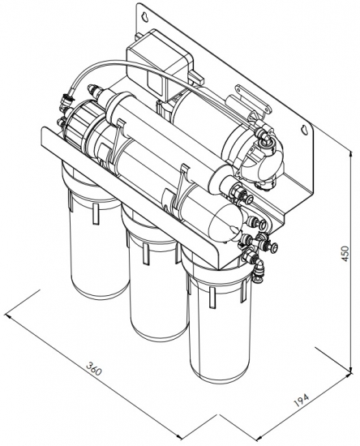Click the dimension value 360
click(x=93, y=369)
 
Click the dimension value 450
click(x=345, y=255)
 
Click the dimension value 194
click(x=302, y=401)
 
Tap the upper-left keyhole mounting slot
click(x=145, y=16)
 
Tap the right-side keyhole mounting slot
click(x=305, y=129)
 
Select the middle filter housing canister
click(x=155, y=270)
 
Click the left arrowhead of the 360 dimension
click(x=10, y=316)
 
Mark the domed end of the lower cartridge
click(x=225, y=221)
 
